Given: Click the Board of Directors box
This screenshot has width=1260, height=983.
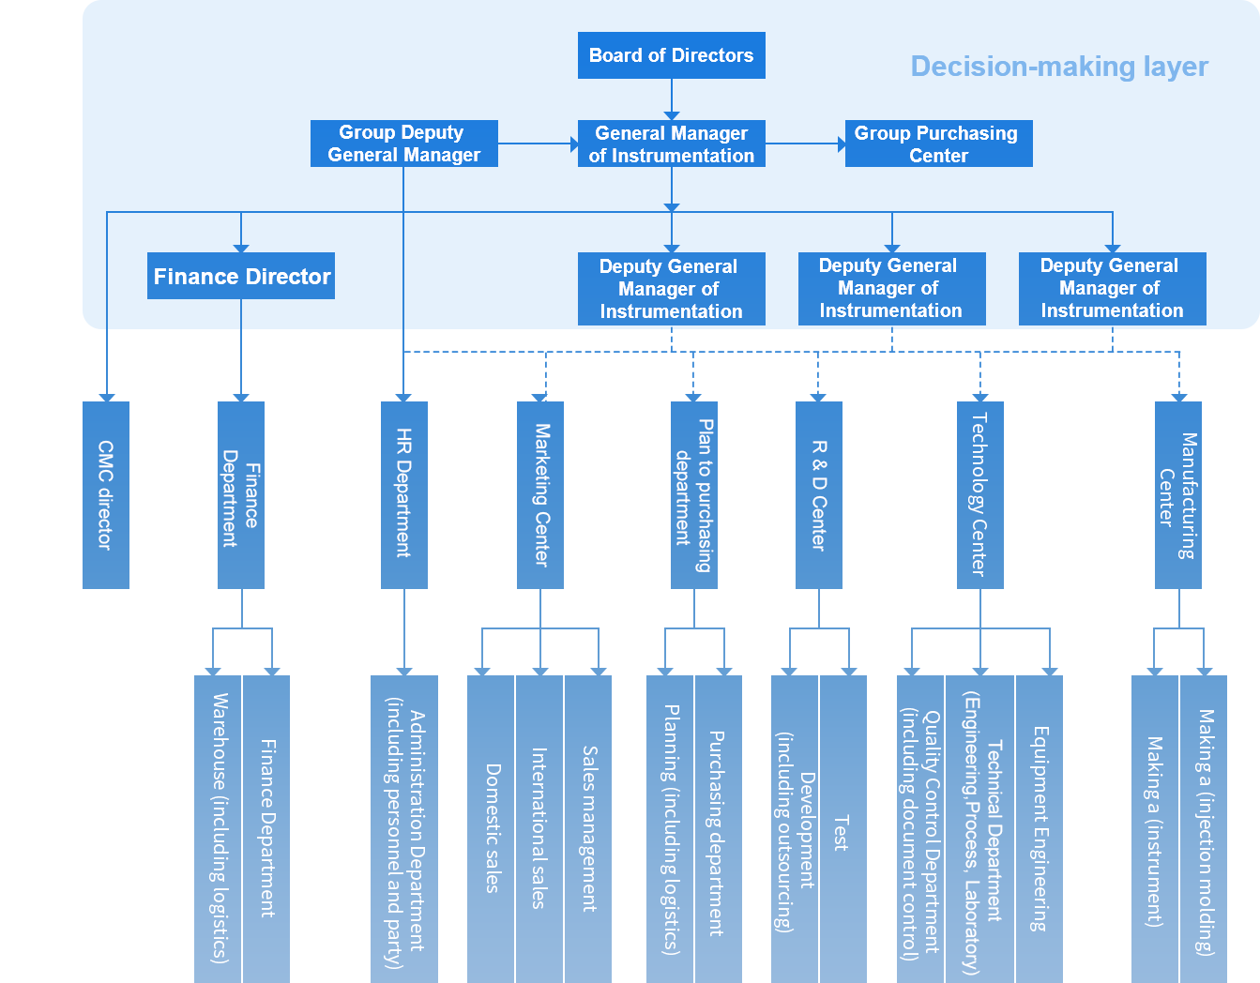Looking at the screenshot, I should (671, 55).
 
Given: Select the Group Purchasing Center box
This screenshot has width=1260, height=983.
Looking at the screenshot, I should (937, 144).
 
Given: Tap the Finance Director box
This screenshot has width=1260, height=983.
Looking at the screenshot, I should (241, 277).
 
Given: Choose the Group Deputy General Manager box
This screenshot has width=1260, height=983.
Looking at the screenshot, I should (403, 144).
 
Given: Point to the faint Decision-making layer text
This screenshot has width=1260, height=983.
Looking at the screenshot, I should (1058, 67).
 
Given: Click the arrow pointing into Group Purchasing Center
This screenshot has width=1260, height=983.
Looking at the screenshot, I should (841, 144).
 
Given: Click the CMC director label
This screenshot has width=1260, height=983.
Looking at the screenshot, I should (105, 494).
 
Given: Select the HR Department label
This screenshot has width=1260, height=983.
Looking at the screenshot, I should (403, 492).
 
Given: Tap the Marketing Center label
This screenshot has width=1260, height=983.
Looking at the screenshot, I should (541, 494).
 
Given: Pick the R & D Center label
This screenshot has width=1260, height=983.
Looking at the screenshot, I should (818, 494).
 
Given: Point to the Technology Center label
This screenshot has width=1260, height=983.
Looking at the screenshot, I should (979, 493).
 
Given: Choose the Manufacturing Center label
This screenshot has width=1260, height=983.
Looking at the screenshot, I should (1177, 495).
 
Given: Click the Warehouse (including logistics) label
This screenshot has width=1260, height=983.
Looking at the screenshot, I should (220, 827).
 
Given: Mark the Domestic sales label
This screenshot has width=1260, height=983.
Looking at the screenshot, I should (493, 827).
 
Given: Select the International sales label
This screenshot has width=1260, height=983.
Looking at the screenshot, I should (539, 827).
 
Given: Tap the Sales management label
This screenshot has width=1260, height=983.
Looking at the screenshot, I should (589, 828).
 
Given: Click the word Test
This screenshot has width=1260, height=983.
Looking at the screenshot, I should (840, 833).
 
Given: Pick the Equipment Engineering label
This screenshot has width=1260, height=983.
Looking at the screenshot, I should (1040, 828).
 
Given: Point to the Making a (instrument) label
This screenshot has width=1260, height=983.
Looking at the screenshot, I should (1154, 831).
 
